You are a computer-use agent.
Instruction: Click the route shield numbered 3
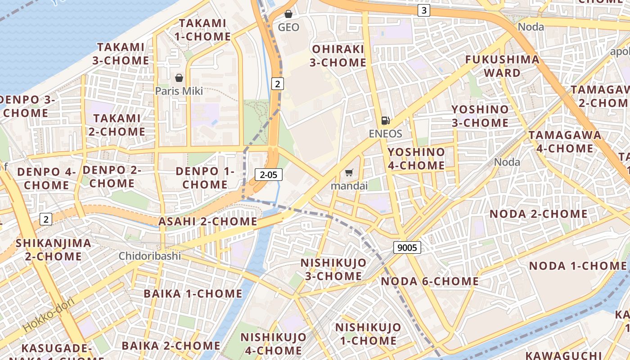[423, 10]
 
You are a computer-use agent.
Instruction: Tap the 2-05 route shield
[269, 175]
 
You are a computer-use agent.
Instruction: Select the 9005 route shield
[407, 247]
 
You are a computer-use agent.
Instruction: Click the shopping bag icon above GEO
[288, 14]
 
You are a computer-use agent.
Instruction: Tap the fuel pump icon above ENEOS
[385, 120]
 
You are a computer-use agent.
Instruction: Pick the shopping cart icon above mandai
[349, 172]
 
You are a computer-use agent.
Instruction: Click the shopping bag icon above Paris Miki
[179, 78]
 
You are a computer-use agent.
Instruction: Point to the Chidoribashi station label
[150, 256]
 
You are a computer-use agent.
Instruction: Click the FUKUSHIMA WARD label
[502, 66]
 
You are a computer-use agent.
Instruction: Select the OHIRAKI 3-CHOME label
[337, 55]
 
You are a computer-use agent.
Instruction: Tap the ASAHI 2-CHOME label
[207, 221]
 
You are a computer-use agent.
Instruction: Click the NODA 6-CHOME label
[430, 281]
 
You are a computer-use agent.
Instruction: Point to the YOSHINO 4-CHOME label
[416, 158]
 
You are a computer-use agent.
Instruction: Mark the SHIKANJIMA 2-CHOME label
[53, 250]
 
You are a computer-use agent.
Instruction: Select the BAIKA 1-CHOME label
[193, 294]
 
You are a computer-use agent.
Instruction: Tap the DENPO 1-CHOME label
[205, 178]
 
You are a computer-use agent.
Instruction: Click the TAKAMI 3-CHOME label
[121, 54]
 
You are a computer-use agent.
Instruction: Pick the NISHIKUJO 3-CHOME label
[333, 269]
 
